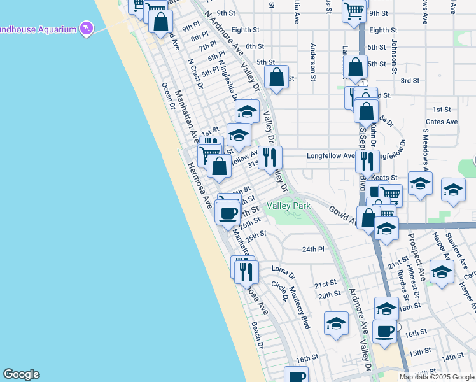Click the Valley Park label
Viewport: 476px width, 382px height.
point(288,206)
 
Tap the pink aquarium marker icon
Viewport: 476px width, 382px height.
point(86,29)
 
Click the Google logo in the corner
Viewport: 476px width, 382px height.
point(21,374)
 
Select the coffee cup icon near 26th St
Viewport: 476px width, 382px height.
point(228,213)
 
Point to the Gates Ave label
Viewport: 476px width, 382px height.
point(442,122)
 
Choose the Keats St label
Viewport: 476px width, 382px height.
point(384,178)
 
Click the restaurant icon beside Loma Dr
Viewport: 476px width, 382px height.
point(246,272)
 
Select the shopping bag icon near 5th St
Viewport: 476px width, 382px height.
point(277,79)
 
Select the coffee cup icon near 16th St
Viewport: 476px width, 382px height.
point(384,332)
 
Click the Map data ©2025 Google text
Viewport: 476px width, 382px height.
point(437,377)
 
